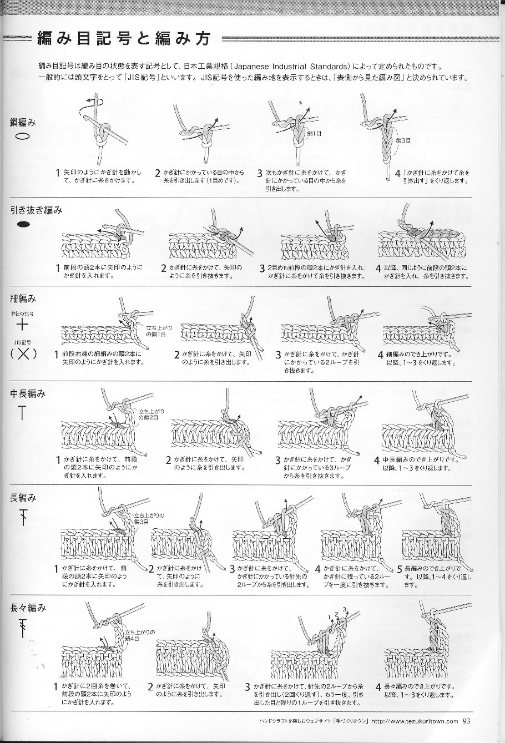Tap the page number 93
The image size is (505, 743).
(466, 721)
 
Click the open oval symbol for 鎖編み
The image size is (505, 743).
(22, 137)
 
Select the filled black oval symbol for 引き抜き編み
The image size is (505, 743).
(23, 225)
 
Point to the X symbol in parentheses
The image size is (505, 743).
(23, 353)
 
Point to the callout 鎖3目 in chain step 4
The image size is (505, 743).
(403, 141)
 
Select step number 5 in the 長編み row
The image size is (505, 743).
(400, 569)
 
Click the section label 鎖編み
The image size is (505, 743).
(23, 122)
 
